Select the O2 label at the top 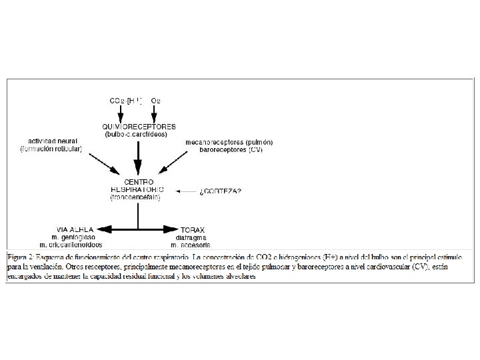[156, 101]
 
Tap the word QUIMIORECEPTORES [139, 126]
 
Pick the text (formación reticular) [51, 149]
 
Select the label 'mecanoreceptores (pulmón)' [230, 142]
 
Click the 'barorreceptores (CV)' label [230, 149]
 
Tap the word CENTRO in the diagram [139, 181]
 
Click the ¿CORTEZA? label [220, 191]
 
